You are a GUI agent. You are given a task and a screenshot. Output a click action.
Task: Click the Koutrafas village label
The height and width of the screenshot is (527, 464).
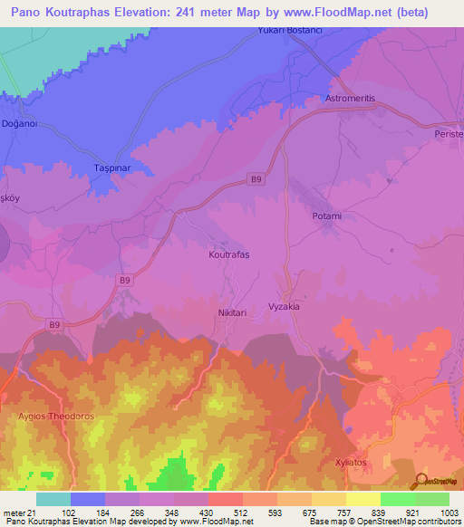coord(228,255)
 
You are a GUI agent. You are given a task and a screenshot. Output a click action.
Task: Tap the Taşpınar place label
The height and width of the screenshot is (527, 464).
coord(114,169)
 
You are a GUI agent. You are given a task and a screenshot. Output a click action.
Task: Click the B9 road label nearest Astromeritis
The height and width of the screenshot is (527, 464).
coord(257,180)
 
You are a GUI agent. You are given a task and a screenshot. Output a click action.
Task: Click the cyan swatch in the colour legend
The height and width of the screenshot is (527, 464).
coord(53,499)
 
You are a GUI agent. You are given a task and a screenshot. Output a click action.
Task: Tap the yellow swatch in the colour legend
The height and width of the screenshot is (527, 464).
coord(363,499)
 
